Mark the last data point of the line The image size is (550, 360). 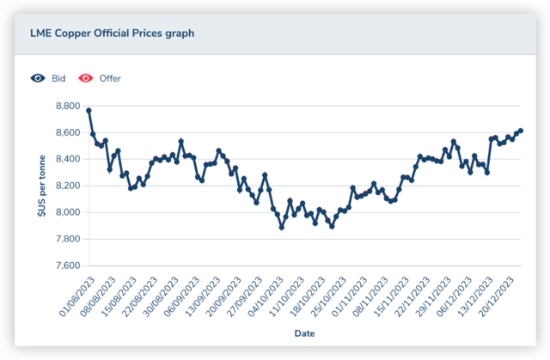point(521,131)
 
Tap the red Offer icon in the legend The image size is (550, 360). point(86,78)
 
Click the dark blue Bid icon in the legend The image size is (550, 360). point(38,78)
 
